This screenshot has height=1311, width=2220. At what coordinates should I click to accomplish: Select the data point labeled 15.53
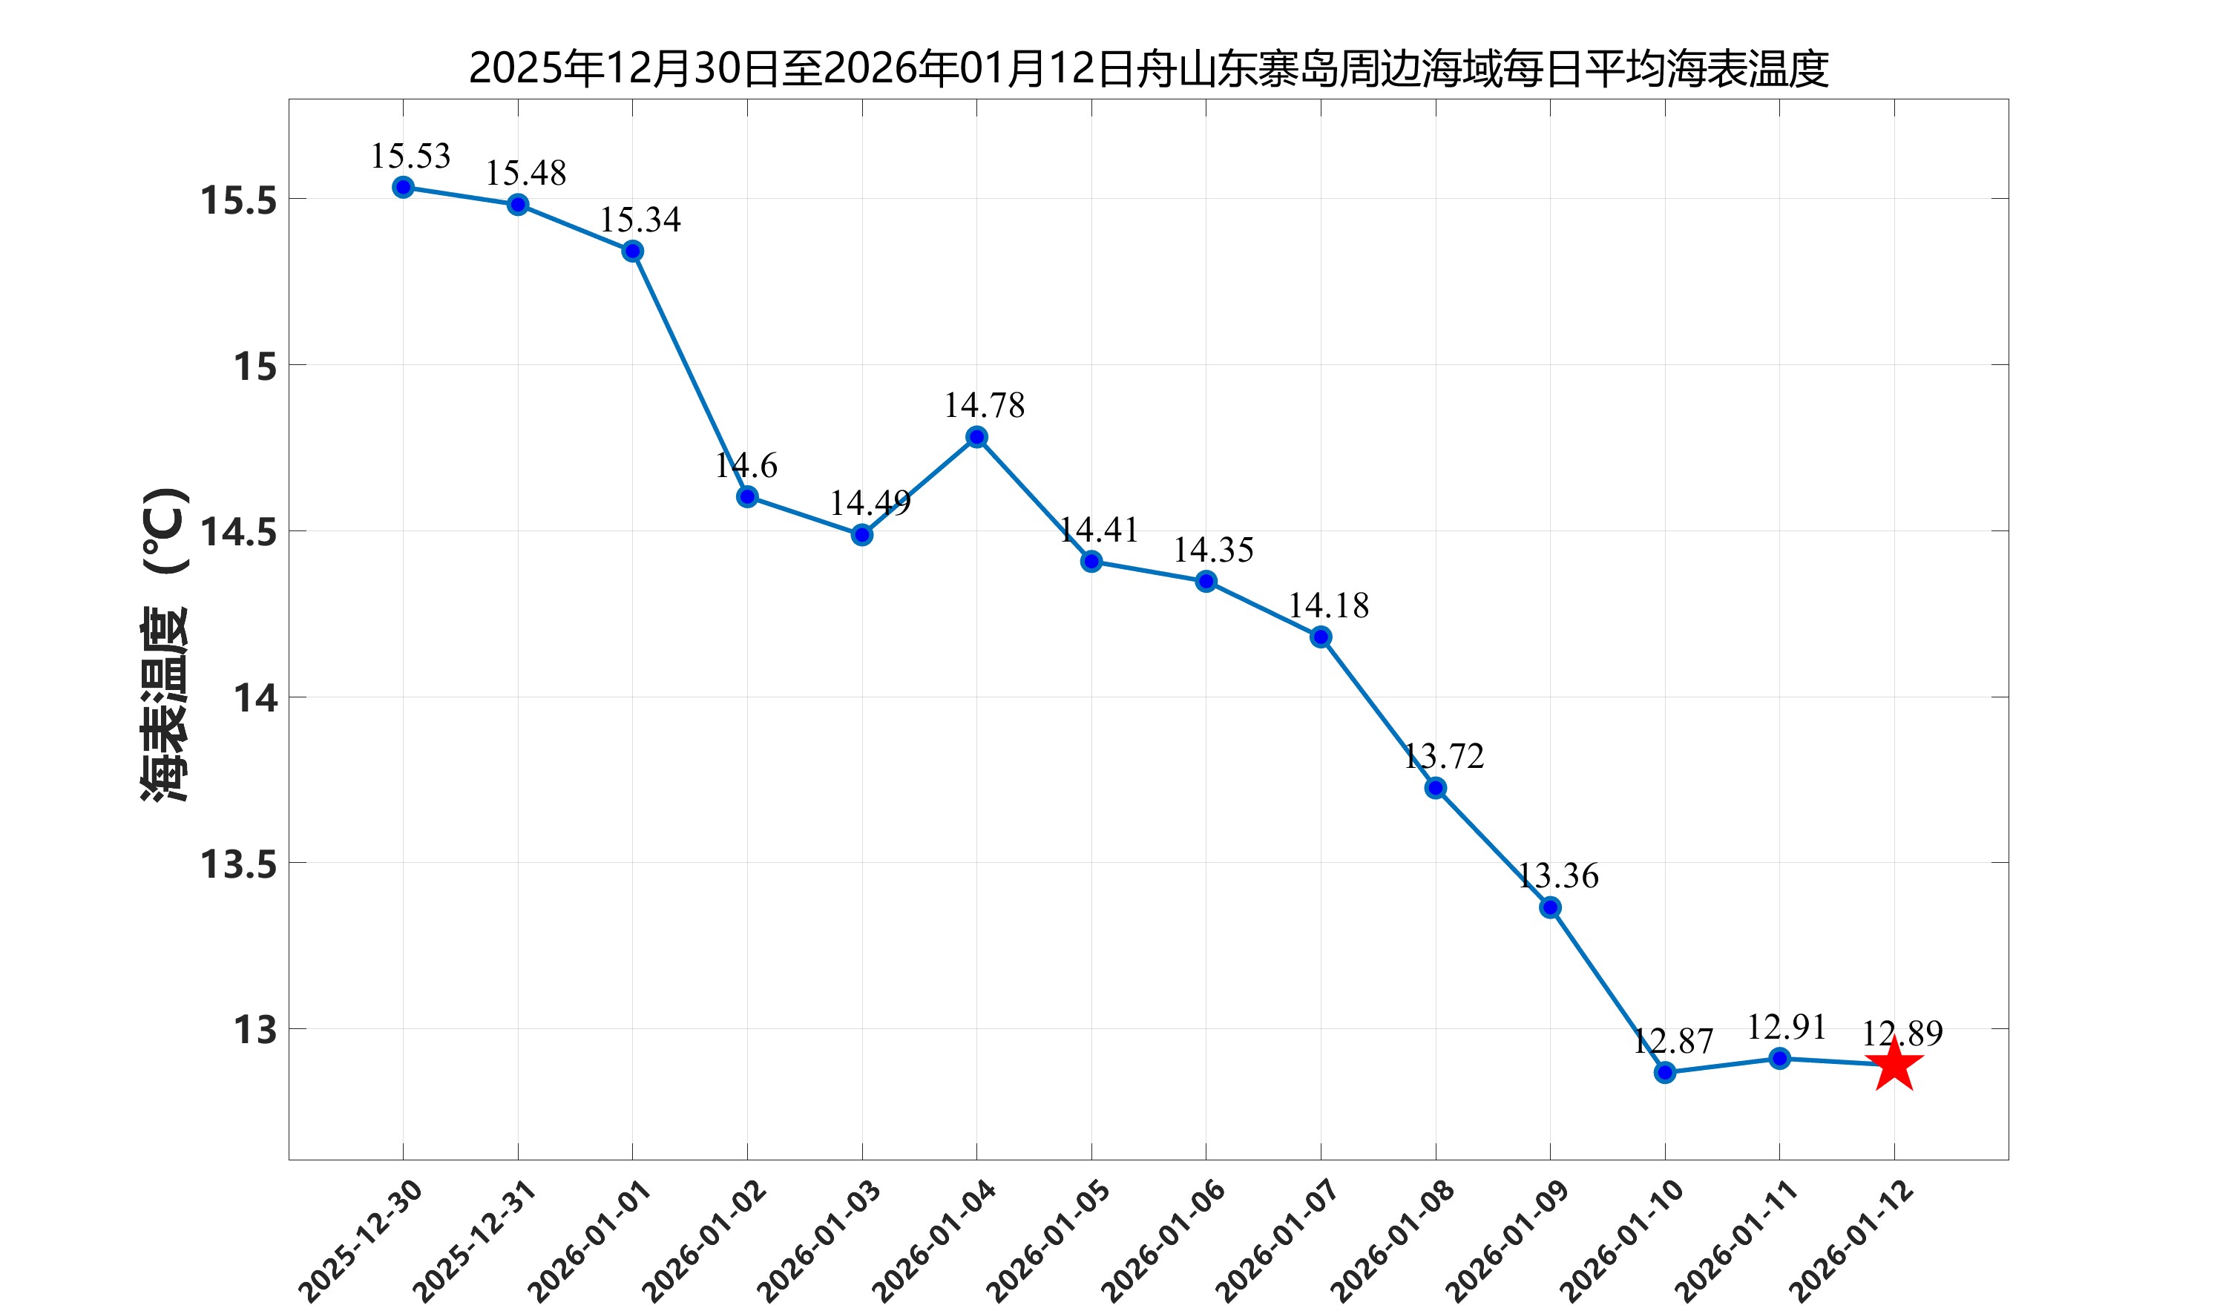coord(403,187)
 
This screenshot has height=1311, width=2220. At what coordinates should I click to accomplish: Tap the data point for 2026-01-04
coord(976,437)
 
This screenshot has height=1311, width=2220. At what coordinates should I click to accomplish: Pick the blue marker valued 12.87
coord(1664,1073)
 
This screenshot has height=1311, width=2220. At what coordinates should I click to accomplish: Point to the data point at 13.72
coord(1436,788)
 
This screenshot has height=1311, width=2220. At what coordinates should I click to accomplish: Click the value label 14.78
coord(984,406)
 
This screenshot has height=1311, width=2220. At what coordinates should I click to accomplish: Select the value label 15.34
coord(640,220)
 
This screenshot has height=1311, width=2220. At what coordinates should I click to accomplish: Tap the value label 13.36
coord(1557,875)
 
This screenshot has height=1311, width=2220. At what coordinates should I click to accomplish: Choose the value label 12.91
coord(1786,1027)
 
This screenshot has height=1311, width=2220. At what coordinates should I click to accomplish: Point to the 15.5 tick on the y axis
coord(238,200)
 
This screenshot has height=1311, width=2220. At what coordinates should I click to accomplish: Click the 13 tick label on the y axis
coord(254,1030)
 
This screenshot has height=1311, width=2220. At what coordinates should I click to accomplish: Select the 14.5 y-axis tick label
coord(238,533)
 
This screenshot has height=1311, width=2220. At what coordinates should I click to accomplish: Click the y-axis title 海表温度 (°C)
coord(165,645)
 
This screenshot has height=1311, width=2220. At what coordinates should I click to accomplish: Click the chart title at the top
coord(1148,68)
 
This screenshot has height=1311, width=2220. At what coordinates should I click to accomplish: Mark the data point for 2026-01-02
coord(747,496)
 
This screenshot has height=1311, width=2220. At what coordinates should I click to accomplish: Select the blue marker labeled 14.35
coord(1206,581)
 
